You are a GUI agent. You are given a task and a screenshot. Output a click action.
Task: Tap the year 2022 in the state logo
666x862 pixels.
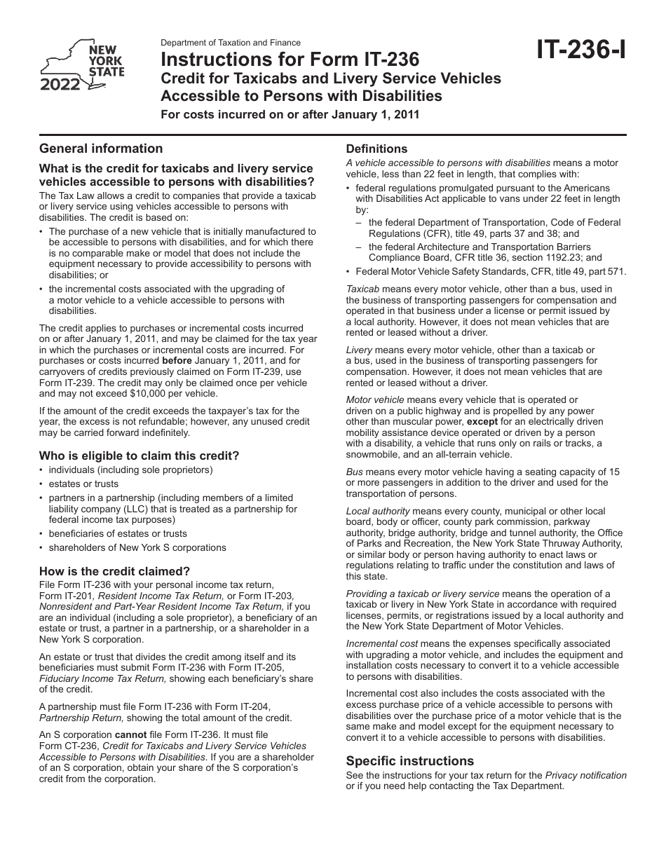click(60, 85)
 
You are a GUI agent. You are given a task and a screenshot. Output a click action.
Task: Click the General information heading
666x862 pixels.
click(101, 149)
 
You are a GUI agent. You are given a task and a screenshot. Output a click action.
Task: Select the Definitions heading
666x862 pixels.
click(376, 149)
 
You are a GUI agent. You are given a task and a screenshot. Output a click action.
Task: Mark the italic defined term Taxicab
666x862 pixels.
click(362, 289)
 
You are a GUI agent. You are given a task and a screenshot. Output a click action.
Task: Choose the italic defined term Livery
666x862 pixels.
click(359, 350)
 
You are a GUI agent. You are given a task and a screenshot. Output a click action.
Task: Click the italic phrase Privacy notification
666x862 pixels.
click(585, 776)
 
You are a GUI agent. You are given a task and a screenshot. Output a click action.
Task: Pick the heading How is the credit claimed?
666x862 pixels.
click(114, 571)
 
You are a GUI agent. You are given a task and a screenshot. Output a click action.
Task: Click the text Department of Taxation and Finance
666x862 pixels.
click(231, 43)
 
